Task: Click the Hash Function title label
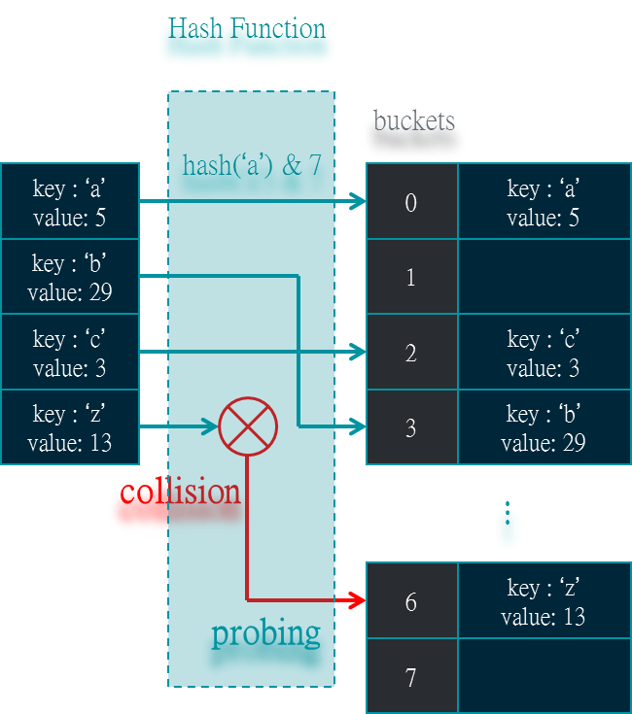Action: [247, 42]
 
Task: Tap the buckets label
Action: [414, 135]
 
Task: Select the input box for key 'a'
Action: [70, 201]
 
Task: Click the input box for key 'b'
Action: [70, 277]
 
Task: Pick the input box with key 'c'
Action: [70, 352]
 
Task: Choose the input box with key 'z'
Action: [70, 427]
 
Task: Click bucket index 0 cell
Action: [411, 202]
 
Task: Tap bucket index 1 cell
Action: [411, 277]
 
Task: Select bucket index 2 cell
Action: [411, 352]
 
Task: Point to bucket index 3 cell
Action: [411, 427]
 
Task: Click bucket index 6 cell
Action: [411, 601]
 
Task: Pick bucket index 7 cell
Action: [411, 677]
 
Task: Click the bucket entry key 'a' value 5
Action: [544, 202]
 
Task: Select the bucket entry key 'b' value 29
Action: [544, 427]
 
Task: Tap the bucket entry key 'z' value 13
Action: [544, 601]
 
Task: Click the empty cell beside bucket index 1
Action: [544, 277]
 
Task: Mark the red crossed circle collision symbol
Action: [248, 425]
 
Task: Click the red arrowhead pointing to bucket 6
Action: [356, 600]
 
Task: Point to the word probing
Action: [265, 633]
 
